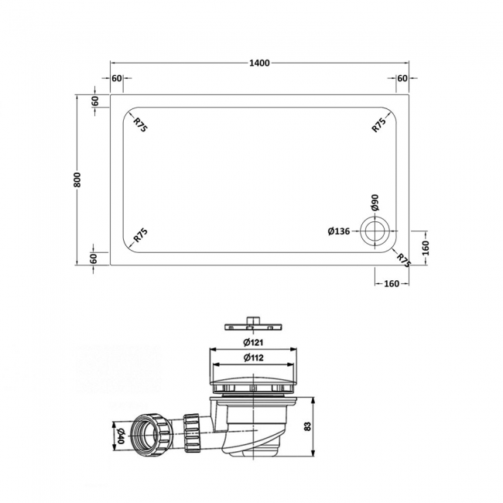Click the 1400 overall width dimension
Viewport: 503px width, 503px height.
260,63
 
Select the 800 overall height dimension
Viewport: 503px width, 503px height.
78,179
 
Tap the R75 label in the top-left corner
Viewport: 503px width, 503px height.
140,125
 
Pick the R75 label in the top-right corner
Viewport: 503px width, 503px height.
378,125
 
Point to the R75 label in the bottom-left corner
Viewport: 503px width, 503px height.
140,235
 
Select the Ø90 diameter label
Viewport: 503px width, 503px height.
375,204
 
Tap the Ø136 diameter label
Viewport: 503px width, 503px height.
342,231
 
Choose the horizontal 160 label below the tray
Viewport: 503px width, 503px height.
391,283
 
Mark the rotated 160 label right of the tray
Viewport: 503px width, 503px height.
426,249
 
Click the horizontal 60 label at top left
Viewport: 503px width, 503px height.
117,78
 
